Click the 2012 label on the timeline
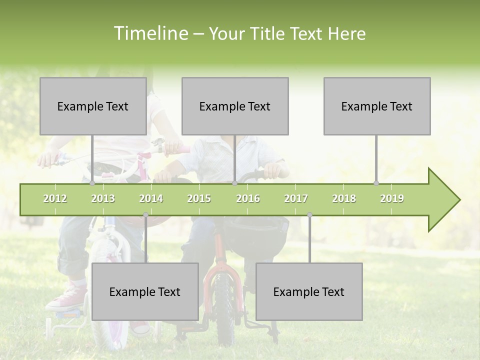click(55, 198)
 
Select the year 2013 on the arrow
click(103, 198)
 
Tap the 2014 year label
click(151, 198)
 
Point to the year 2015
click(199, 198)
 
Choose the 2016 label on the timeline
click(248, 198)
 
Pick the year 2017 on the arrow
click(296, 198)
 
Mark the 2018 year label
click(344, 198)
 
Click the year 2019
click(392, 198)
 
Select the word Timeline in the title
click(150, 33)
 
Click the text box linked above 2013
click(93, 106)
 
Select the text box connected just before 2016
click(235, 106)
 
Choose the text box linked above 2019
click(377, 106)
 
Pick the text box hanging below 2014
click(145, 291)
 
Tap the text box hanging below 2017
click(309, 291)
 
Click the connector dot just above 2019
click(376, 183)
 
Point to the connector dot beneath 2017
click(309, 215)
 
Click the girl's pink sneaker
click(65, 298)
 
